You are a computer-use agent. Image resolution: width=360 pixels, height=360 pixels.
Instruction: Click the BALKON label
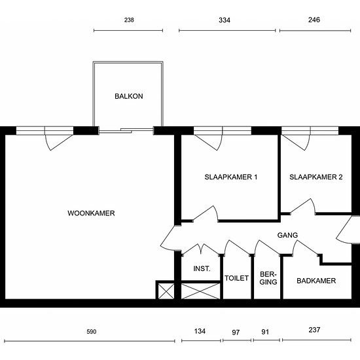(x=129, y=96)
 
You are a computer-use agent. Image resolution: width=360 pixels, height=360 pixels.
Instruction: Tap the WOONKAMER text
(x=91, y=213)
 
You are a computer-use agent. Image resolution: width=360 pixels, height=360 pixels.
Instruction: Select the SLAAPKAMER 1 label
(x=231, y=177)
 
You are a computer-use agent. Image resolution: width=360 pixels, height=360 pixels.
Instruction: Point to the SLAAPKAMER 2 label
(x=316, y=177)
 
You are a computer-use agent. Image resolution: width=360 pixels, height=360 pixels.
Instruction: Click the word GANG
(x=287, y=235)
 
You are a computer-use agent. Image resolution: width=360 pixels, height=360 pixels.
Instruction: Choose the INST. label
(x=202, y=268)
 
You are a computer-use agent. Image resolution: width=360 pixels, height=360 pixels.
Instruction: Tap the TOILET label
(x=236, y=278)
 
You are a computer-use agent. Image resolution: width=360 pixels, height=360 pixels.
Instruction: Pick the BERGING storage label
(x=268, y=278)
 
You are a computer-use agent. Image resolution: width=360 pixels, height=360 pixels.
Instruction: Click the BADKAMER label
(x=316, y=281)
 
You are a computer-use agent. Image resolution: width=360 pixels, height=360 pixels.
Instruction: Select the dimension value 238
(x=129, y=20)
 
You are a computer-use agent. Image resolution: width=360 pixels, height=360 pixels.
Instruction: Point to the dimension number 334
(x=225, y=20)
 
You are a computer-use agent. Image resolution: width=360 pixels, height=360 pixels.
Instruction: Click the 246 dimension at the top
(x=314, y=20)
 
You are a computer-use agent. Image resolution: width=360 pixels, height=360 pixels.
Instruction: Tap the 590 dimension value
(x=92, y=332)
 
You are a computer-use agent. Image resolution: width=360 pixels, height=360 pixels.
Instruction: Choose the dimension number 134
(x=200, y=331)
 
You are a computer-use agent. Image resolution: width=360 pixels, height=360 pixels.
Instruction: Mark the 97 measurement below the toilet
(x=236, y=333)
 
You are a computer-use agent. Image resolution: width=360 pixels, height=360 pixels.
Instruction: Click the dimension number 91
(x=265, y=332)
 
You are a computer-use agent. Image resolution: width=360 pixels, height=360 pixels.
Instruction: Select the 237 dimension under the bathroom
(x=314, y=330)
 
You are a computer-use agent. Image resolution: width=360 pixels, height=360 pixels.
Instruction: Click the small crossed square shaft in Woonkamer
(x=166, y=291)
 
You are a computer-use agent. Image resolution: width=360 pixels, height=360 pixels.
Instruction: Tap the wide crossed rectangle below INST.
(x=200, y=291)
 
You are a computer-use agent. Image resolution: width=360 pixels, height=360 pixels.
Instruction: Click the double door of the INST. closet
(x=201, y=249)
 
